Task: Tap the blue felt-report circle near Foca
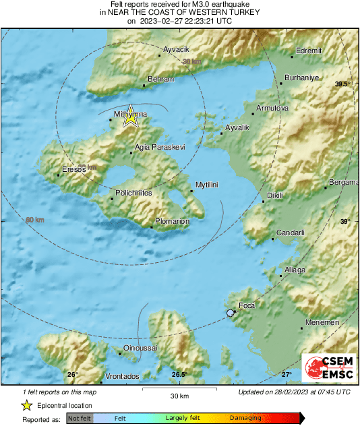231,313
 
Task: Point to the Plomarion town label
173,220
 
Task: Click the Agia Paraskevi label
160,147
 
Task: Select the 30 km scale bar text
179,395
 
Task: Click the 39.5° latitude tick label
343,84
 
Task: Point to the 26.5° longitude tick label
179,375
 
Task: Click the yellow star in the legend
27,405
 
